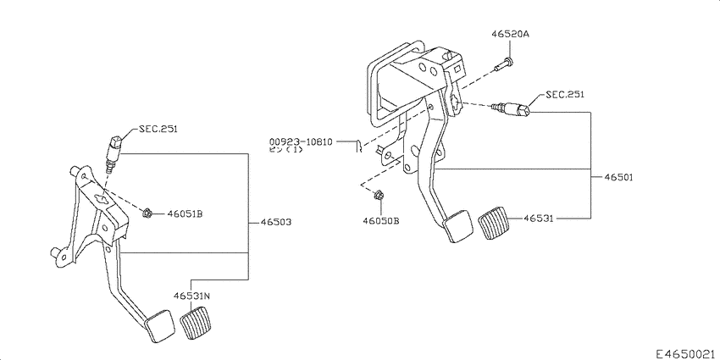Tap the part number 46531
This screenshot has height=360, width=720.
coord(539,218)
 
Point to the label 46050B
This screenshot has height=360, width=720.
coord(381,221)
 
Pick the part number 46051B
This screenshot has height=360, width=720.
coord(185,213)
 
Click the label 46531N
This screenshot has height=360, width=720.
coord(192,296)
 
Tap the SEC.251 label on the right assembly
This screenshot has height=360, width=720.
coord(564,95)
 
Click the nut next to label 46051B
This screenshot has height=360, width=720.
coord(147,211)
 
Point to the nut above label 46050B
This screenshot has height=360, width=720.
coord(378,197)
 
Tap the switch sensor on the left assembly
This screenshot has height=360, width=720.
coord(110,152)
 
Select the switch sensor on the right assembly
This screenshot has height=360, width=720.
coord(513,108)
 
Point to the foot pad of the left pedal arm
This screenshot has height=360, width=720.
coord(158,326)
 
